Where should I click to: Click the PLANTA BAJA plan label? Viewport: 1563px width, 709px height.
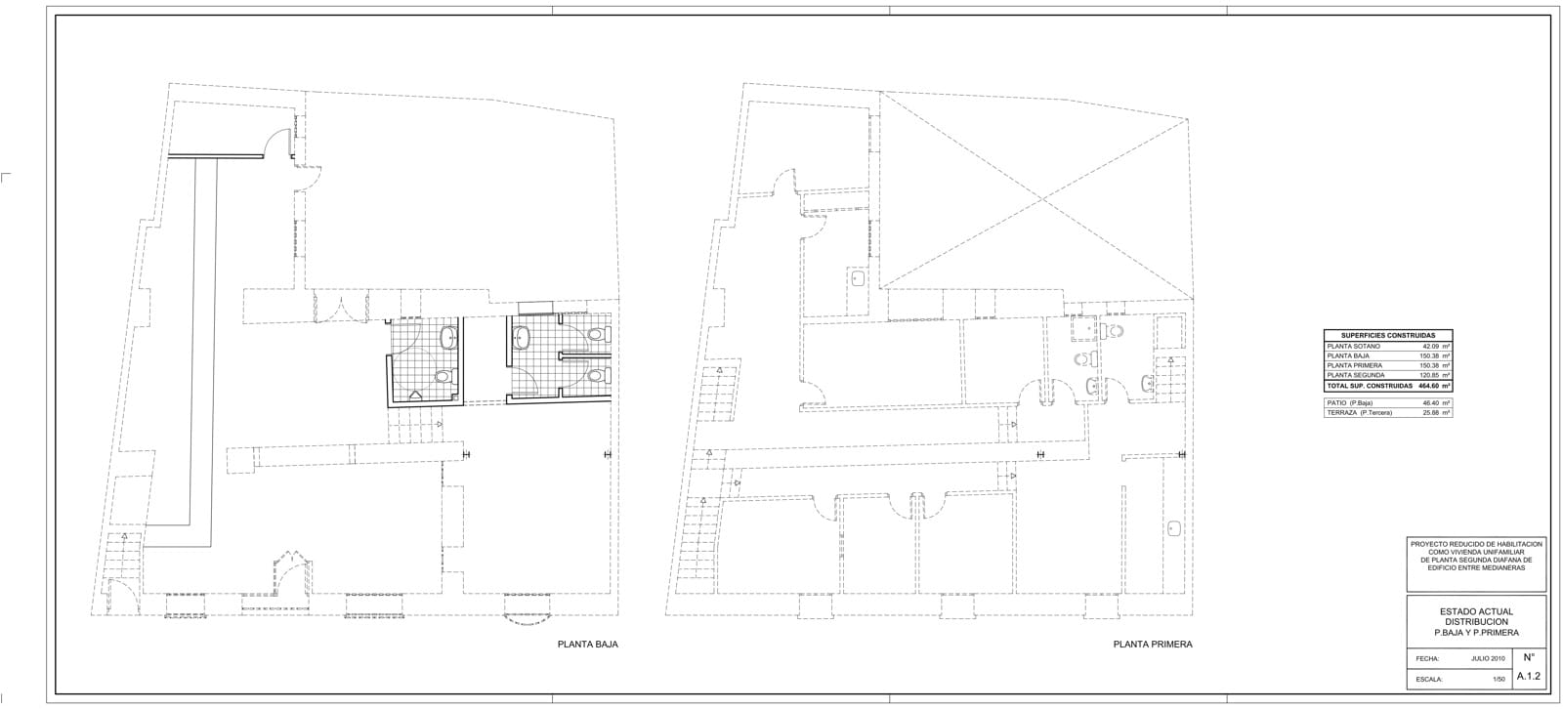587,645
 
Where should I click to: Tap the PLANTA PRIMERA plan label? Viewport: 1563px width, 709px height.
1152,645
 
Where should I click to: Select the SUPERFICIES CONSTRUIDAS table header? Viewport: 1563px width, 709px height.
1387,335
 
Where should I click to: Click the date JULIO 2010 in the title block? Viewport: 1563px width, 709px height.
1488,658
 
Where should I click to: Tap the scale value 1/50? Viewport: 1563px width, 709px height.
1499,678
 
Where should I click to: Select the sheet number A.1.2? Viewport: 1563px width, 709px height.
1528,676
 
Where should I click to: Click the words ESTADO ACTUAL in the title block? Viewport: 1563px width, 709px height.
1476,611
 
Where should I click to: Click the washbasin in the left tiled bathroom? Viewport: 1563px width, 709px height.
448,339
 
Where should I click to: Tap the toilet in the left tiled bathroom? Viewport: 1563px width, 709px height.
443,376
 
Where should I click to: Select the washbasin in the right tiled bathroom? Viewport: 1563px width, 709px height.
522,339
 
